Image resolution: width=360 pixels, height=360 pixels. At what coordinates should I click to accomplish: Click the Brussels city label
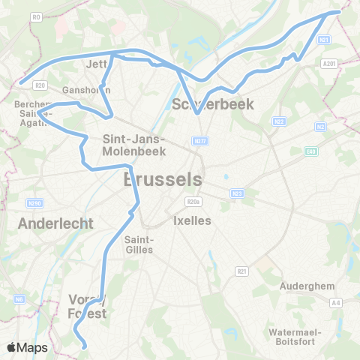click(162, 180)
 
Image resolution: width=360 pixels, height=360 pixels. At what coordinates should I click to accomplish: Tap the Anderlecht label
click(55, 223)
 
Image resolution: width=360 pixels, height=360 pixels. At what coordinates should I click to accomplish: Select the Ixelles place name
click(193, 220)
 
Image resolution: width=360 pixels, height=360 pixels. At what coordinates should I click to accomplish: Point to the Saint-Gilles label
click(138, 244)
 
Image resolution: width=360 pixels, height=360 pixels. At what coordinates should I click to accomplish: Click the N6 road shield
click(19, 299)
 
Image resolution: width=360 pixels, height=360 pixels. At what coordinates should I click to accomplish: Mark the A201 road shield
click(328, 65)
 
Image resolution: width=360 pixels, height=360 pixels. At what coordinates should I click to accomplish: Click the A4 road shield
click(335, 302)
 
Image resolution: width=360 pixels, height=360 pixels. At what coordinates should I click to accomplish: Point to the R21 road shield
click(241, 271)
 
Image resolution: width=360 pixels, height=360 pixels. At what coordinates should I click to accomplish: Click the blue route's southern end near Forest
click(84, 347)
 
